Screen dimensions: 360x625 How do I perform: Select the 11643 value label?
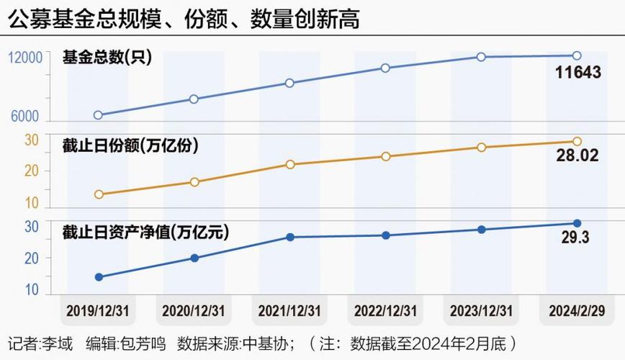pos(577,72)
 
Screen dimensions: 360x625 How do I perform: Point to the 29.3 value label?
pos(575,238)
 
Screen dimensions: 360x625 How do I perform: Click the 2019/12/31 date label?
pos(98,311)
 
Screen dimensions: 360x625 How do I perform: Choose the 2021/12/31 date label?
pos(289,311)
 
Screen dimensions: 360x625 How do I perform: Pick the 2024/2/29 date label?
pos(577,311)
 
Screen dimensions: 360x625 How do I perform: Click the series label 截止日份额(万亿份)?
pos(130,145)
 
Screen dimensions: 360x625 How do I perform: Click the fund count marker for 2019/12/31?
pos(98,115)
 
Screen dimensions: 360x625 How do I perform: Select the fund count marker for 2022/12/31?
pos(385,68)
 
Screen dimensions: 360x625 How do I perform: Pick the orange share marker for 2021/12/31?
pos(289,164)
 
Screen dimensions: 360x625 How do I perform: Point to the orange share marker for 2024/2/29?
pos(577,142)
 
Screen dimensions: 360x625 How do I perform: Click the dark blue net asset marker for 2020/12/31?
pos(194,258)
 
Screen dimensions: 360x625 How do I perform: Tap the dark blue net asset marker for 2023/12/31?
pos(481,230)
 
